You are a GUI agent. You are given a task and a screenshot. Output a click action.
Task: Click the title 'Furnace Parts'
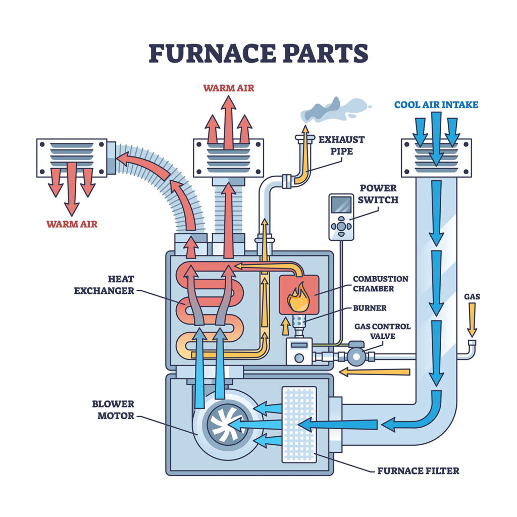click(x=258, y=53)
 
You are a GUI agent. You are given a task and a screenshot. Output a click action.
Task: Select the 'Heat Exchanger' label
click(x=104, y=285)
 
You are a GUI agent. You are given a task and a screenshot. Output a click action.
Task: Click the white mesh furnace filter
click(x=299, y=424)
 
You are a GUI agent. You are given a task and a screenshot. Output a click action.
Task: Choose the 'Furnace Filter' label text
click(x=418, y=471)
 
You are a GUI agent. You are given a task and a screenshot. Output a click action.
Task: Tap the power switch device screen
click(x=341, y=205)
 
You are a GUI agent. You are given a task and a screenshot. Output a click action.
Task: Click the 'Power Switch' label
click(x=379, y=194)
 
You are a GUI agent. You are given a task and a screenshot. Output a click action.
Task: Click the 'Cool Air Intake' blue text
click(x=436, y=105)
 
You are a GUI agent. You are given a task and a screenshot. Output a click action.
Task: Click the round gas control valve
click(x=356, y=355)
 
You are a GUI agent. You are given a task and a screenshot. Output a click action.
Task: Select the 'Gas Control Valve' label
click(x=382, y=332)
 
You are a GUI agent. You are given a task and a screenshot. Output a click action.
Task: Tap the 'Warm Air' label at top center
click(x=228, y=88)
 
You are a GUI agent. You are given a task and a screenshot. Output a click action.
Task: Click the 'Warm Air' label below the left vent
click(x=72, y=224)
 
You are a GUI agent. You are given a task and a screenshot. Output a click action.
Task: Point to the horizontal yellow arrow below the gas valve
click(x=374, y=372)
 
